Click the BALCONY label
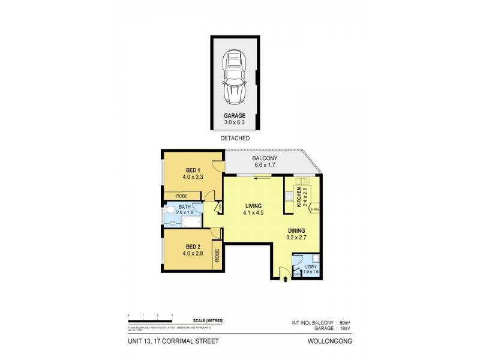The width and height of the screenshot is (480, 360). (x=265, y=159)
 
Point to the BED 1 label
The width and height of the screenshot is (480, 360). (x=192, y=170)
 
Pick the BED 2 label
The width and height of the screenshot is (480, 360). (x=192, y=246)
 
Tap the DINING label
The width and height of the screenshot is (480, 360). (x=296, y=230)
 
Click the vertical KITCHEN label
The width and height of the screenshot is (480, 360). (x=299, y=197)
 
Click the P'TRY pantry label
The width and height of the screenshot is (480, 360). (x=315, y=209)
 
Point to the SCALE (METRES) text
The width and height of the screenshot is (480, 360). (x=208, y=321)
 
